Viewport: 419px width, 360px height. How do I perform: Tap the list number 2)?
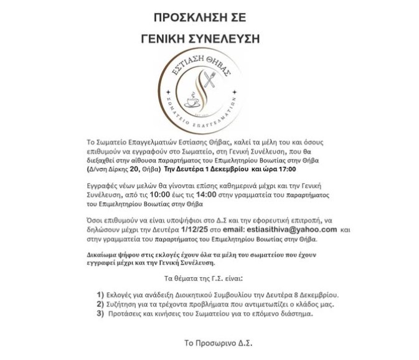[100, 304]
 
